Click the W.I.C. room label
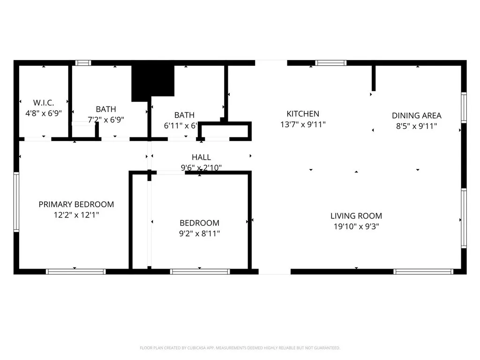[x=44, y=102]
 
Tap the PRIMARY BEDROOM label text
[x=76, y=204]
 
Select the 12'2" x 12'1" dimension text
[x=76, y=215]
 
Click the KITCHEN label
[x=303, y=114]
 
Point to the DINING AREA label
[x=416, y=115]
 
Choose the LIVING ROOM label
[x=356, y=216]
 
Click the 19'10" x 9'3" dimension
[x=356, y=226]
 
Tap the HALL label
[x=201, y=157]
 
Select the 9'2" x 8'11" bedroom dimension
[x=199, y=233]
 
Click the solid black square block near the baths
[x=152, y=82]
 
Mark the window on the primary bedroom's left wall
[x=16, y=202]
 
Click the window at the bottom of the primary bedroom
[x=76, y=271]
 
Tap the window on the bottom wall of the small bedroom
[x=200, y=271]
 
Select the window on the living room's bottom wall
[x=423, y=271]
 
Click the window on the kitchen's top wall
[x=330, y=63]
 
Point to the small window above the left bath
[x=83, y=63]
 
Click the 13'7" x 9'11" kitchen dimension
[x=303, y=125]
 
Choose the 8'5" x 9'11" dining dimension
[x=416, y=126]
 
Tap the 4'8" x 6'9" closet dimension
[x=44, y=113]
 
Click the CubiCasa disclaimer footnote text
[x=240, y=348]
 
